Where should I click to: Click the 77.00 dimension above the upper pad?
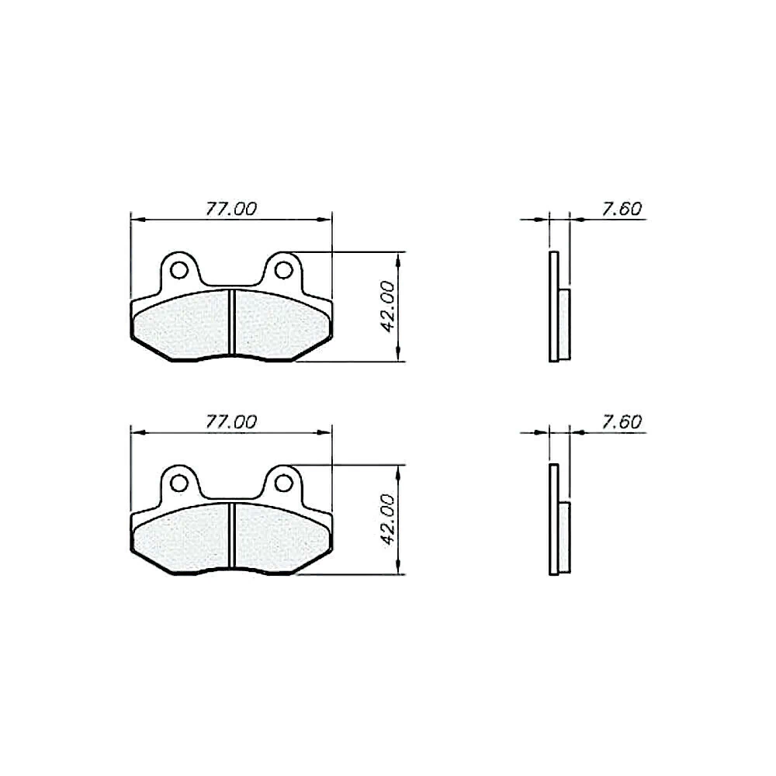click(x=231, y=209)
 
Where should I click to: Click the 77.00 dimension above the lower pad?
click(x=231, y=421)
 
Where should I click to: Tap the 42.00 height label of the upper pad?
click(x=387, y=307)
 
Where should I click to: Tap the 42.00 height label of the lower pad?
click(x=387, y=520)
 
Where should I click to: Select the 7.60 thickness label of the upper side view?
click(x=622, y=209)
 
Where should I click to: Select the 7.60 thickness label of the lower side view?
click(x=622, y=421)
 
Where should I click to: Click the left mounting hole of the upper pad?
click(x=178, y=270)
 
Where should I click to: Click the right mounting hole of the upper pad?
click(x=283, y=270)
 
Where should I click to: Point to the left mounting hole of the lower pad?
click(x=178, y=483)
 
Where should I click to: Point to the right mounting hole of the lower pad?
click(x=283, y=483)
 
